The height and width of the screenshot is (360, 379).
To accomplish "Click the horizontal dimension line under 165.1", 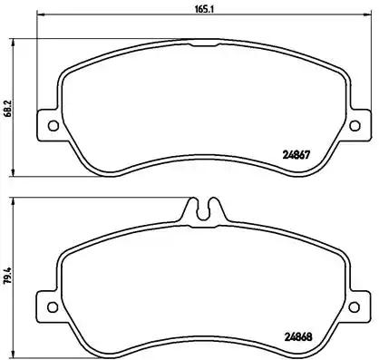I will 136,18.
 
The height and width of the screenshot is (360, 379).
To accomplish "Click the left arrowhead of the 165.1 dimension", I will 40,18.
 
